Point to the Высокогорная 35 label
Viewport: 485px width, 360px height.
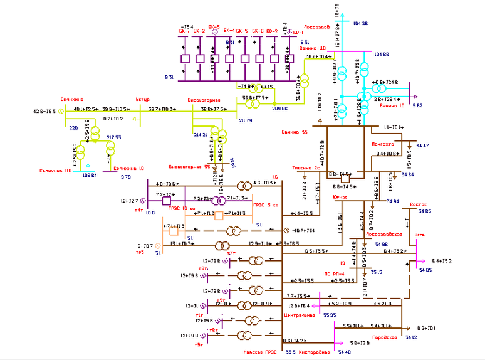(x=189, y=167)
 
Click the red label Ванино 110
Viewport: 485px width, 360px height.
(x=313, y=48)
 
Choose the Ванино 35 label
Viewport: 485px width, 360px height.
(x=296, y=132)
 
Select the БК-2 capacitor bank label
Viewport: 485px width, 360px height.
(x=199, y=30)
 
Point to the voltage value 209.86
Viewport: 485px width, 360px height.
(x=279, y=109)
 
